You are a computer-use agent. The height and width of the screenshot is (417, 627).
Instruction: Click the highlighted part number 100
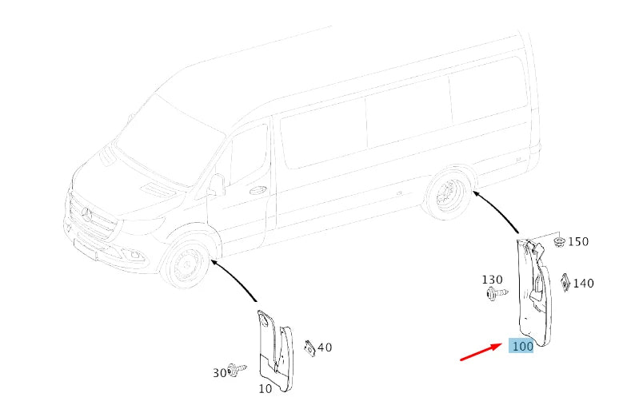click(x=521, y=347)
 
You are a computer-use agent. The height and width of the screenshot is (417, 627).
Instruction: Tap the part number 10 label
click(x=265, y=389)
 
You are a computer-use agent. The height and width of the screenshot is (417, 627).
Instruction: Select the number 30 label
click(x=219, y=372)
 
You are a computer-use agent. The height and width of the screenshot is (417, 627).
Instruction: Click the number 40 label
click(x=325, y=347)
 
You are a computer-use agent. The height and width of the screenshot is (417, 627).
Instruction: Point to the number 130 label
click(x=492, y=280)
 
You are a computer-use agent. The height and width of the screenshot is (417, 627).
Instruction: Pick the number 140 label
click(x=583, y=283)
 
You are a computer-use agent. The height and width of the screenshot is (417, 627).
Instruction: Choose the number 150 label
click(x=577, y=241)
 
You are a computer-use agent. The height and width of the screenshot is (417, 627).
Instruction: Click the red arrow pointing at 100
click(x=481, y=352)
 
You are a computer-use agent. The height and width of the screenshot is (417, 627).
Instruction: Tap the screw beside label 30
click(x=236, y=369)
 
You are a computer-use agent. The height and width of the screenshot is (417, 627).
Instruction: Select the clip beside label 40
click(x=309, y=347)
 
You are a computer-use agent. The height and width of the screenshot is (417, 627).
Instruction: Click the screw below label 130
click(x=493, y=294)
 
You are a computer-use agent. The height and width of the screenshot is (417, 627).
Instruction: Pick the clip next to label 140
click(x=565, y=281)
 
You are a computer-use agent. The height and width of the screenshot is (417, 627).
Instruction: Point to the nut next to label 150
click(x=559, y=240)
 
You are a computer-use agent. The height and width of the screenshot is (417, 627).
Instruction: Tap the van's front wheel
click(x=186, y=264)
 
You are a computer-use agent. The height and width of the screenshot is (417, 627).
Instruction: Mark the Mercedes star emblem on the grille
click(x=87, y=213)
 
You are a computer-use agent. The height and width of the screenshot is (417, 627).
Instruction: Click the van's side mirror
click(x=217, y=185)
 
